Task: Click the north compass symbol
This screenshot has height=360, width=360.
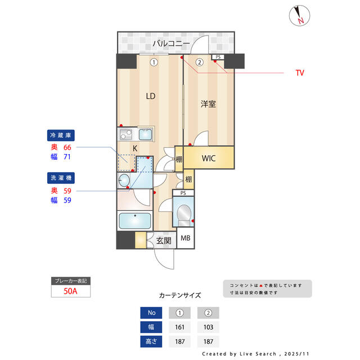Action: (299, 15)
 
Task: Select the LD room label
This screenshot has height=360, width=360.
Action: (151, 96)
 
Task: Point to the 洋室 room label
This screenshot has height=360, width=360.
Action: (209, 104)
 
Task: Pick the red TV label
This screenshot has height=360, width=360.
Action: (300, 73)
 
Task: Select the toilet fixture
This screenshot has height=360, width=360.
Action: (184, 215)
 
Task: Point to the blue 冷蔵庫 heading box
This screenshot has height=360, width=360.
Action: (61, 136)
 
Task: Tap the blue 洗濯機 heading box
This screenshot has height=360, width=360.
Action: (61, 178)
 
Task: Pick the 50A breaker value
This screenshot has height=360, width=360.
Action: (70, 291)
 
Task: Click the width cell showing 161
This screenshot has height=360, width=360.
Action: (179, 327)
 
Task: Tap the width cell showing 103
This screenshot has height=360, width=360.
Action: (208, 327)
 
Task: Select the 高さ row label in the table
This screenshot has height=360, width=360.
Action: (151, 341)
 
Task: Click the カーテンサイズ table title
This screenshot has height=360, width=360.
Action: (180, 295)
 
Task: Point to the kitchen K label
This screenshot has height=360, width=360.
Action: (135, 148)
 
